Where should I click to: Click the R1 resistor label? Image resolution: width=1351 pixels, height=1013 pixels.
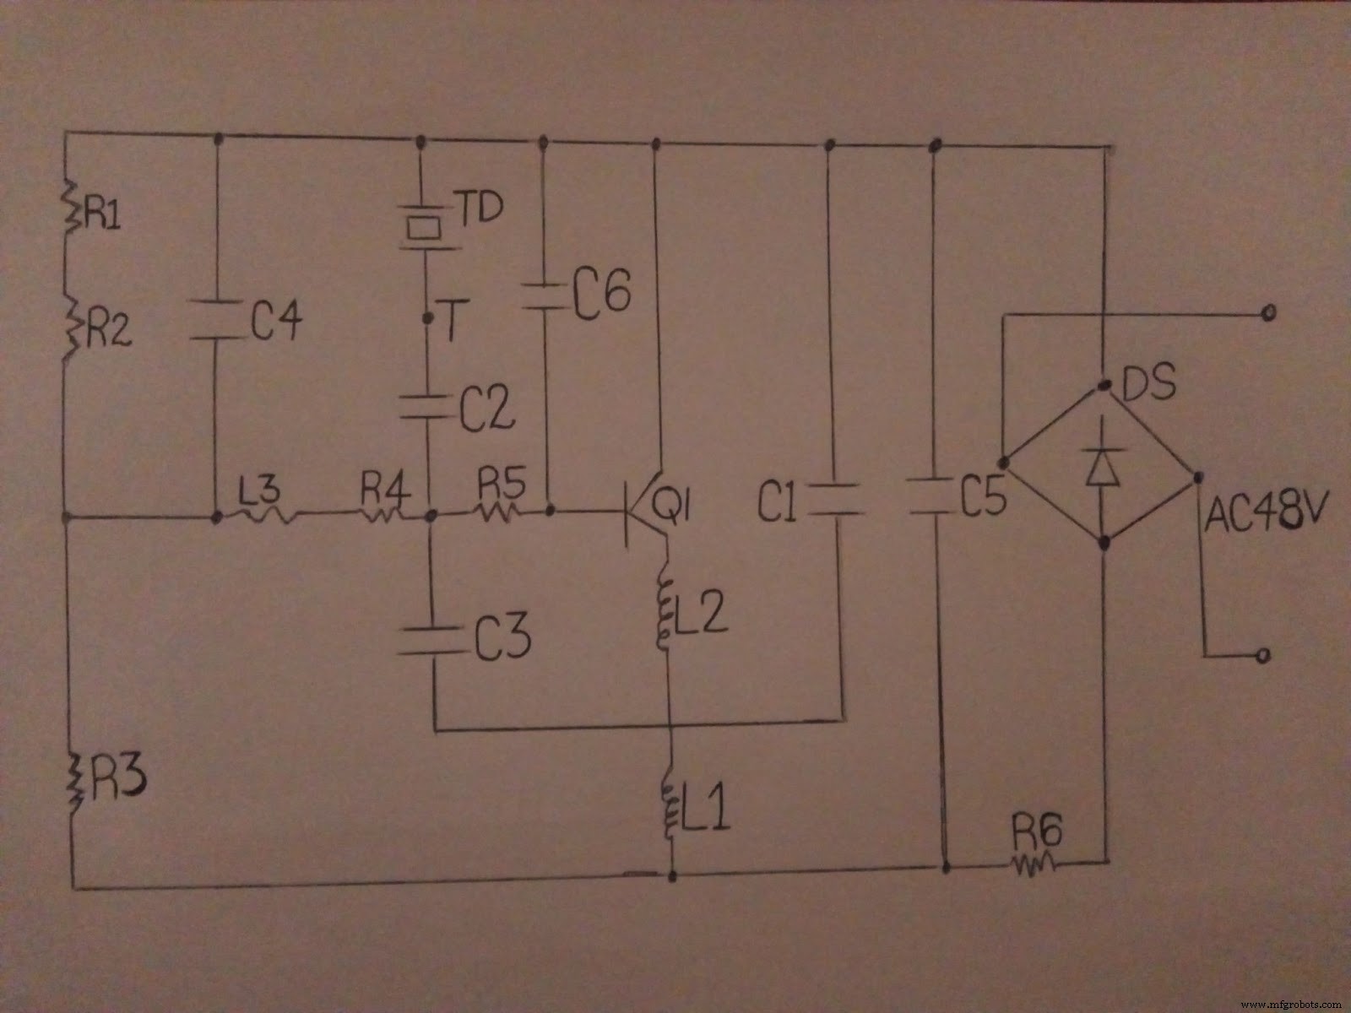(x=103, y=215)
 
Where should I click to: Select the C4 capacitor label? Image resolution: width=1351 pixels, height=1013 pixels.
(x=276, y=321)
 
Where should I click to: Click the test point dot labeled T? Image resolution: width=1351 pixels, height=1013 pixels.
(x=427, y=318)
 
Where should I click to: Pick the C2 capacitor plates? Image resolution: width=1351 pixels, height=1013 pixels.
(x=428, y=407)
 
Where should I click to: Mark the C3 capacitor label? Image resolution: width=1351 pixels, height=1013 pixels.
(x=502, y=637)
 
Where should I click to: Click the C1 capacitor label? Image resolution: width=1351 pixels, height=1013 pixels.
(x=777, y=504)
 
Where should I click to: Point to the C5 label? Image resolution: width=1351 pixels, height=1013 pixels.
(x=984, y=498)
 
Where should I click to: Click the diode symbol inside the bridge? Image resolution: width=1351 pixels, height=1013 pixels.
(x=1103, y=466)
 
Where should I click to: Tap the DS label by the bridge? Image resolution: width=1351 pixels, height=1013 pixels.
(x=1149, y=384)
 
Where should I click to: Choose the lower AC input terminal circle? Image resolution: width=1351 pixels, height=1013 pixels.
(x=1263, y=655)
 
